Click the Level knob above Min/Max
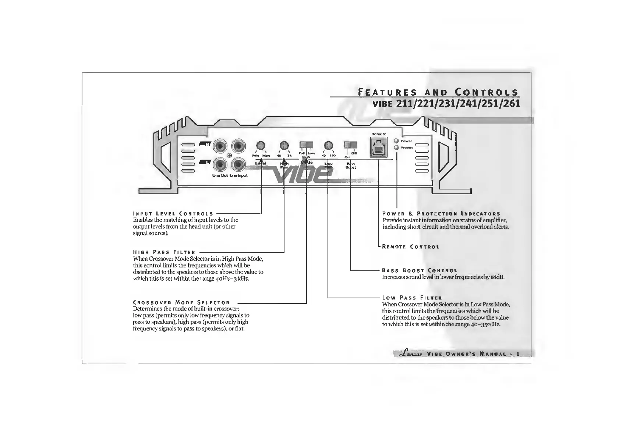261,145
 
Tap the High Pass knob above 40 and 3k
284,145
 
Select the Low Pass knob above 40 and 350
328,145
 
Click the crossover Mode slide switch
306,145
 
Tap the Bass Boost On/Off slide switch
350,145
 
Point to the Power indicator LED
396,141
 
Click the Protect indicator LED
396,148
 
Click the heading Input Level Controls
173,214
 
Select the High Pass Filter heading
164,252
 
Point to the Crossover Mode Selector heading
181,303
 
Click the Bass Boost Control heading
420,271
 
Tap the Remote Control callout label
411,247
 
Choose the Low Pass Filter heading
412,298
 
